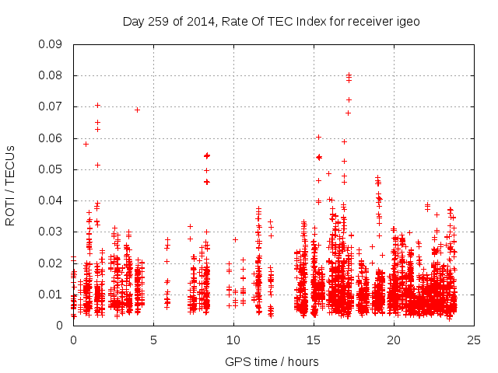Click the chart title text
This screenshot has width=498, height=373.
[271, 22]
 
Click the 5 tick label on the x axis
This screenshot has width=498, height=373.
[153, 340]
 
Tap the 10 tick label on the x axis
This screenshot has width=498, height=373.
[233, 340]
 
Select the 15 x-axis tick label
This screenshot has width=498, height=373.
[314, 340]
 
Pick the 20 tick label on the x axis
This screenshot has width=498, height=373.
[394, 340]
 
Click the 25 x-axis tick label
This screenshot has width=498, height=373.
[474, 340]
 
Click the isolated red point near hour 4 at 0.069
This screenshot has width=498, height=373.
[138, 110]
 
